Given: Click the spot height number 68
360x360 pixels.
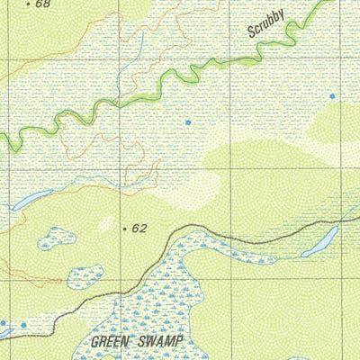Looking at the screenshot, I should [42, 4].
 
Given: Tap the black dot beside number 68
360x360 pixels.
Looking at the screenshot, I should [28, 4].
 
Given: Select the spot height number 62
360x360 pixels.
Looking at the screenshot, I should [139, 229].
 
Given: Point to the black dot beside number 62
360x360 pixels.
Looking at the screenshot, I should [124, 229].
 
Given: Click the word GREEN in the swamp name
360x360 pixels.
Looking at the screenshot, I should [111, 342].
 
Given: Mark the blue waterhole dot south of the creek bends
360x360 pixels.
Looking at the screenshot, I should [188, 121].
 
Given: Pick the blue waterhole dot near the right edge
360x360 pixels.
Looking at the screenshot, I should [332, 95].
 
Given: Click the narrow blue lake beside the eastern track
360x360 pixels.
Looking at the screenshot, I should [320, 241].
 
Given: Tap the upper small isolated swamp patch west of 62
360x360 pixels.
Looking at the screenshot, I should [57, 238].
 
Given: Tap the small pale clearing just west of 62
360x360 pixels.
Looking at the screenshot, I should [106, 222].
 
